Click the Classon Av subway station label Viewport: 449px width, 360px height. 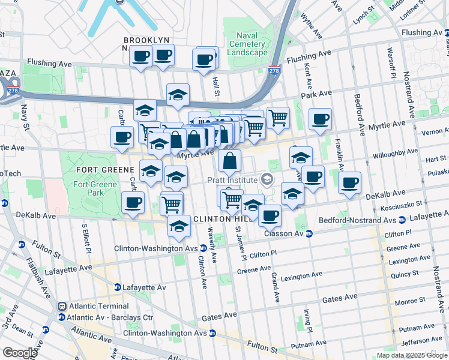coord(284,233)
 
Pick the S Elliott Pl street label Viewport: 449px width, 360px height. coord(85,239)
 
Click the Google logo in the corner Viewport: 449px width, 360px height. coord(19,353)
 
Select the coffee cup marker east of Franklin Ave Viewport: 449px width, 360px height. coord(349,182)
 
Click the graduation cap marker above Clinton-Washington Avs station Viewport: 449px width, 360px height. coord(179,226)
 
